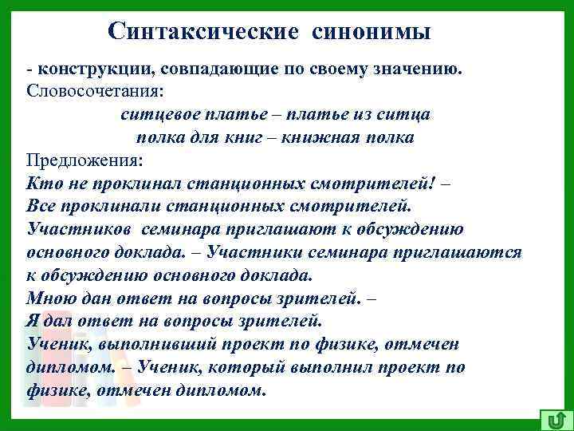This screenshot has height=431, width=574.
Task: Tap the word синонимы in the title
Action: (x=367, y=31)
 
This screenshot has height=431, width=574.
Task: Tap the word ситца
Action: (x=408, y=114)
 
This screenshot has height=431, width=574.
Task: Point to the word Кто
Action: (x=40, y=183)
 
